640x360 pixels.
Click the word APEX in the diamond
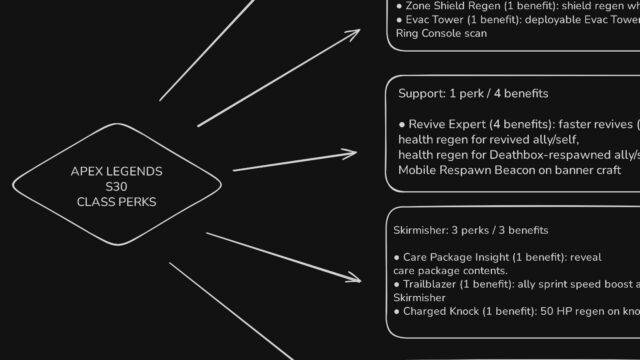85,171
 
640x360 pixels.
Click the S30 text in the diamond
116,187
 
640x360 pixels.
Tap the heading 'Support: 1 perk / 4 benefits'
473,93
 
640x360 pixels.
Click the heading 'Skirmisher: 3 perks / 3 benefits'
471,230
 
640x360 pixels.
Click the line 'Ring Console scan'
441,33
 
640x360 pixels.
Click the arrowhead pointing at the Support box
350,153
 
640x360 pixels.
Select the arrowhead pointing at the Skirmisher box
353,278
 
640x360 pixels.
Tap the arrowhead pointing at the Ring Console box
353,34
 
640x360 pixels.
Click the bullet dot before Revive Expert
402,124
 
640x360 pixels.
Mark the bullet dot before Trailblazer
396,284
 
